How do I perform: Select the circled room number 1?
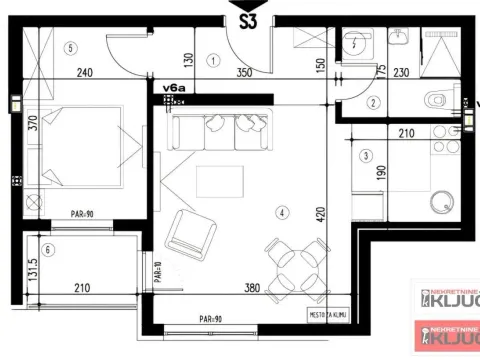pyautogui.click(x=214, y=60)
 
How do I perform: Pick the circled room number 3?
pyautogui.click(x=367, y=155)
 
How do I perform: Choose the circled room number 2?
pyautogui.click(x=371, y=102)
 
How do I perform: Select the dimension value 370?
pyautogui.click(x=32, y=125)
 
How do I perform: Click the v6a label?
pyautogui.click(x=175, y=88)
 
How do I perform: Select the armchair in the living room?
pyautogui.click(x=191, y=234)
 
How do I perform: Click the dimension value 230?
pyautogui.click(x=400, y=73)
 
